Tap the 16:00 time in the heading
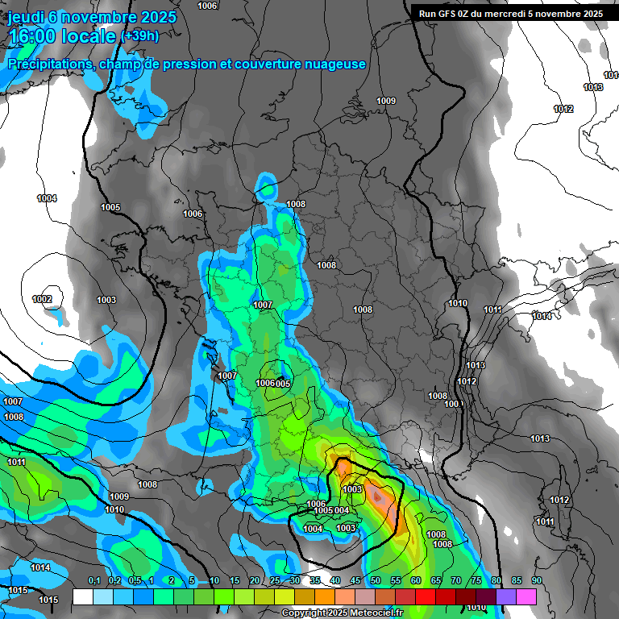click(x=35, y=37)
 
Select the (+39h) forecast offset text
click(x=139, y=36)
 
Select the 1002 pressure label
click(x=42, y=300)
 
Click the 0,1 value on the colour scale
click(x=94, y=581)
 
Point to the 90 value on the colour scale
click(x=537, y=581)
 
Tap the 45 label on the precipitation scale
click(x=355, y=581)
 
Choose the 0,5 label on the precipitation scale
click(x=134, y=581)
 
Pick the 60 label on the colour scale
click(x=416, y=581)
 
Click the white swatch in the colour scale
click(x=82, y=596)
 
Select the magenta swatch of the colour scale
click(x=526, y=596)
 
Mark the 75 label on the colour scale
click(x=476, y=581)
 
